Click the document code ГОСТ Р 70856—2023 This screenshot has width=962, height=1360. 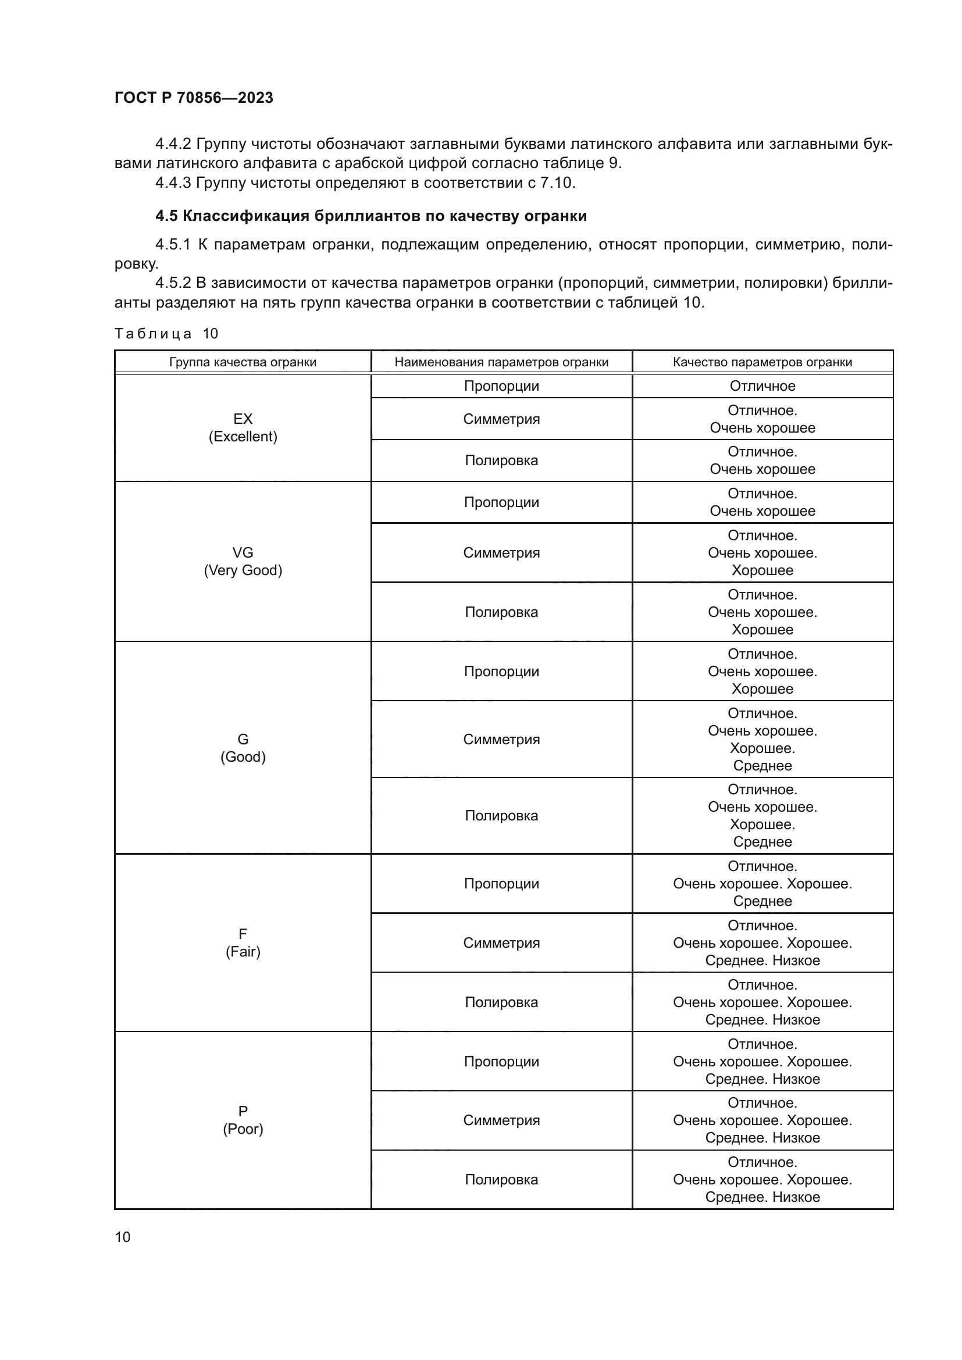(x=194, y=98)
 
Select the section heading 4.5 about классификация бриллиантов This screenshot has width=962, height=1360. (x=371, y=216)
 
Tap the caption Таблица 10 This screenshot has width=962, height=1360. (x=166, y=334)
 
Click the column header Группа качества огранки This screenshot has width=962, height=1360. (x=243, y=362)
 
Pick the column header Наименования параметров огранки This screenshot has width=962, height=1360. (x=501, y=362)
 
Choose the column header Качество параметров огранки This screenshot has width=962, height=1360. (x=762, y=362)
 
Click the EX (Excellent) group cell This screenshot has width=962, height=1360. (x=243, y=428)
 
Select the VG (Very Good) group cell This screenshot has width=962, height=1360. (x=243, y=561)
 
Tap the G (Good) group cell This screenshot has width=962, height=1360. (x=243, y=748)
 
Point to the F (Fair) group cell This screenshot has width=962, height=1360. (x=243, y=943)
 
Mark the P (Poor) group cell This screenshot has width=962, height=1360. (x=243, y=1119)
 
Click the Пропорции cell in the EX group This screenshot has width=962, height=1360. (x=501, y=386)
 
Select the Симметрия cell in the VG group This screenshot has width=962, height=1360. (x=501, y=552)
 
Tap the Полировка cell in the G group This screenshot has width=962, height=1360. (x=501, y=816)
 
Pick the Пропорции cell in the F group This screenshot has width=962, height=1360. (x=501, y=884)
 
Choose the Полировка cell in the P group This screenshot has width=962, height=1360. (x=501, y=1179)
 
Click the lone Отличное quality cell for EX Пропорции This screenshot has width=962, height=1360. (x=762, y=386)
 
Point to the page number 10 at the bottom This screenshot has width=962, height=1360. (x=123, y=1237)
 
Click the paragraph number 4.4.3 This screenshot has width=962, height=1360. (x=173, y=183)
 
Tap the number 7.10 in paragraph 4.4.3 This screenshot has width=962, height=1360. (x=556, y=183)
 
